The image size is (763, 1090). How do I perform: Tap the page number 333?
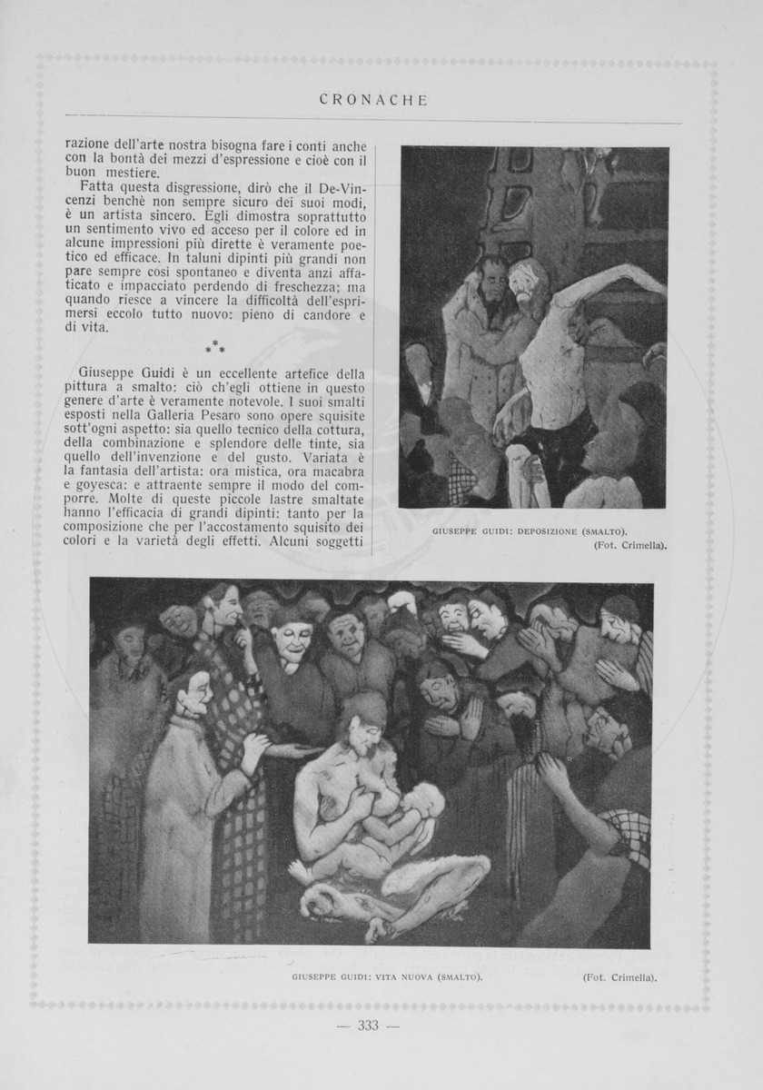coord(368,1026)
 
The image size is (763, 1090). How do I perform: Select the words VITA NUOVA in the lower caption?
coord(398,978)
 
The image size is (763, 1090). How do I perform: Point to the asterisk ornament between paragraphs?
coord(215,347)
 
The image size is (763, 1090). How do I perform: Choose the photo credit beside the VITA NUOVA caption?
coord(619,978)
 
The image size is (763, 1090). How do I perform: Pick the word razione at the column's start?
coord(89,144)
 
